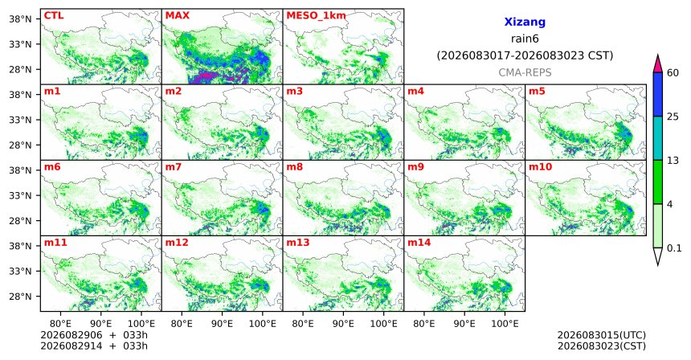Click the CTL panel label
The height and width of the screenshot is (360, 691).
coord(54,16)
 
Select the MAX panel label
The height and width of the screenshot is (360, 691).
coord(177,16)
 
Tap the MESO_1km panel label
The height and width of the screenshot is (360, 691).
coord(316,16)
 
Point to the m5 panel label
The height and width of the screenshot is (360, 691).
coord(537,92)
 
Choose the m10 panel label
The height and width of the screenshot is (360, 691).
coord(540,167)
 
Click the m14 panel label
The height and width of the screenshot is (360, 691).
coord(419,243)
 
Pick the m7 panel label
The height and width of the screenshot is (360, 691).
coord(174,167)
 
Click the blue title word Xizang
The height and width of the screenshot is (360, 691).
coord(525,22)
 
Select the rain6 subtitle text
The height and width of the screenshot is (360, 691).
coord(525,39)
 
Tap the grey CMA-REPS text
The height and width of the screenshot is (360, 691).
coord(525,72)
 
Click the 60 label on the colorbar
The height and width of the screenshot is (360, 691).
coord(673,73)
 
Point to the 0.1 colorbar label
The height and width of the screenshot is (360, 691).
coord(674,248)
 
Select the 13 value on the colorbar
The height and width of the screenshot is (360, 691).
coord(673,161)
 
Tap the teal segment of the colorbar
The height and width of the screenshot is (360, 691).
coord(658,138)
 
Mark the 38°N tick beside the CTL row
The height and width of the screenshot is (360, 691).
coord(20,19)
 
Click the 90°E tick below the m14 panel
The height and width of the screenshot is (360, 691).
coord(464,325)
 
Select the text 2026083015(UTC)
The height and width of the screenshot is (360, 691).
coord(602,336)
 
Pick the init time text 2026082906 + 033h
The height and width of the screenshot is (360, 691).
coord(94,336)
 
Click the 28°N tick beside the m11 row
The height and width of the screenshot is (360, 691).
coord(20,297)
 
